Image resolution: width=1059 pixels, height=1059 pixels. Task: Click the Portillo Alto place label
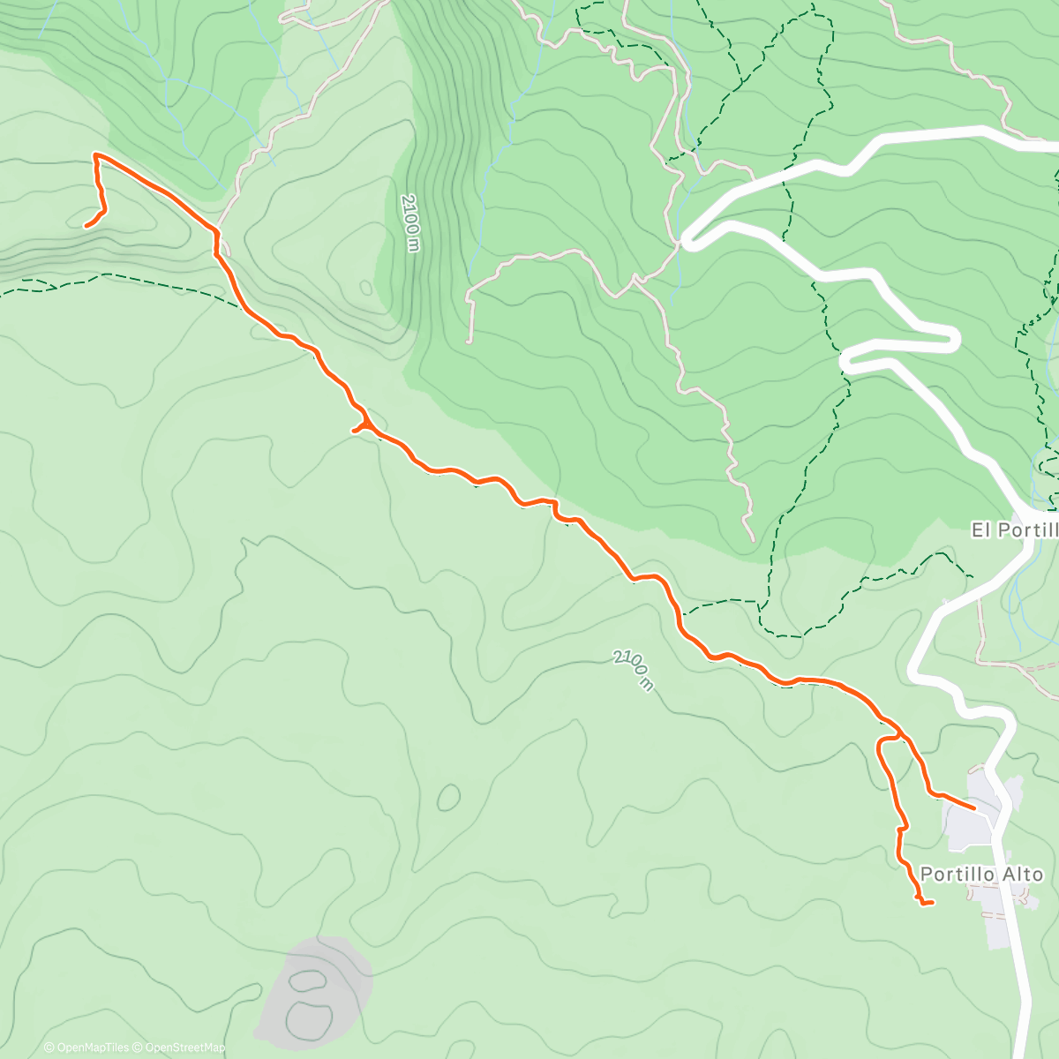tap(981, 874)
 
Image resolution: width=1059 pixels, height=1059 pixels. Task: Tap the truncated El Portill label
tap(1014, 530)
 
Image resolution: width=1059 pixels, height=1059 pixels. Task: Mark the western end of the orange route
tap(86, 226)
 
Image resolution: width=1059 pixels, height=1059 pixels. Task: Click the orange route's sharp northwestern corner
tap(95, 155)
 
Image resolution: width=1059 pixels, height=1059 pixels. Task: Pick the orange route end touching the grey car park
tap(973, 807)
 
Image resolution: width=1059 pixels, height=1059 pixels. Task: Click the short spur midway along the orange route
tap(355, 431)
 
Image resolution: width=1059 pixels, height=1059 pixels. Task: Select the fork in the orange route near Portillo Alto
tap(899, 734)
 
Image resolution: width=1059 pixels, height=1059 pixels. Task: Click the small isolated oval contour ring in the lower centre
tap(448, 797)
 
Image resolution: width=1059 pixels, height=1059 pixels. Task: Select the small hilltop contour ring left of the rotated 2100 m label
tap(365, 287)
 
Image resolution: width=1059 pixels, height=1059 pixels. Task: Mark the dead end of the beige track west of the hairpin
tap(469, 340)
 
